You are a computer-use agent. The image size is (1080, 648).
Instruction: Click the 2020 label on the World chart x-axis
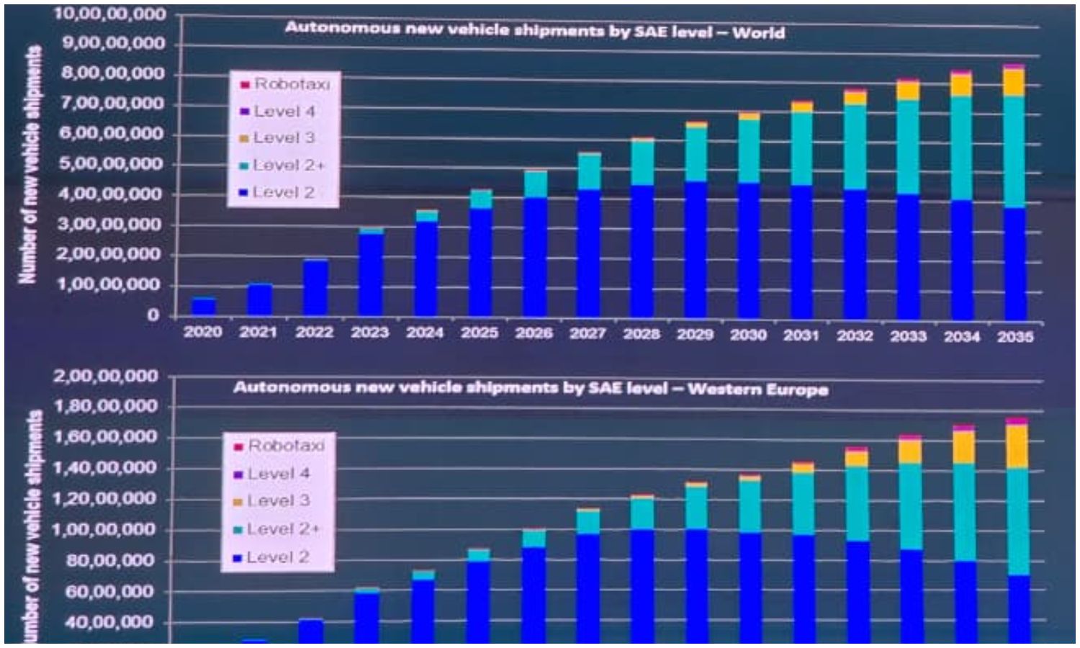(x=202, y=332)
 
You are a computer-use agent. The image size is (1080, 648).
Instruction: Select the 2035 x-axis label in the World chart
(x=1015, y=336)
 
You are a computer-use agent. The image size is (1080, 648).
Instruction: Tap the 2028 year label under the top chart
(x=641, y=333)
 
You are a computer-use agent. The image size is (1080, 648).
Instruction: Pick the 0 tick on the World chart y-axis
(x=153, y=315)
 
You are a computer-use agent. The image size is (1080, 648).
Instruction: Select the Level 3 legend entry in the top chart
(x=283, y=138)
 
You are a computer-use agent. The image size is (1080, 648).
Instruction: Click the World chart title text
(x=534, y=30)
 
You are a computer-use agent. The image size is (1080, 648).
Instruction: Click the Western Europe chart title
(x=530, y=388)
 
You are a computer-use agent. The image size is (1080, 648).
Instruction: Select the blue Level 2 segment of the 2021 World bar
(x=259, y=300)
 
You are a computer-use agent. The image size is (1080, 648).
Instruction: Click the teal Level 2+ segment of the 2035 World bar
(x=1014, y=151)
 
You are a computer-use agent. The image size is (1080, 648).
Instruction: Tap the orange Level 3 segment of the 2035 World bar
(x=1014, y=83)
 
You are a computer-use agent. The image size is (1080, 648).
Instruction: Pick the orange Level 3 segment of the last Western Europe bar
(x=1017, y=446)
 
